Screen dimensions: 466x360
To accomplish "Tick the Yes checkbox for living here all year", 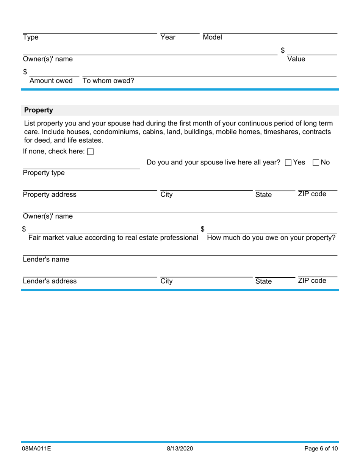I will tap(288, 163).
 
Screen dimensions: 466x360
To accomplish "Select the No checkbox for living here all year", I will tap(316, 163).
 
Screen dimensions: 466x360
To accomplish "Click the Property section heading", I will tap(38, 110).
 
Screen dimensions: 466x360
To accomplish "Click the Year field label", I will tap(168, 38).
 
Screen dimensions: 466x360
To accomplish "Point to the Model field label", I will tap(212, 38).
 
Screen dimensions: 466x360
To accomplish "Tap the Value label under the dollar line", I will tap(296, 59).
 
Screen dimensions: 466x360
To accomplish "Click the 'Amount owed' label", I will tap(51, 81).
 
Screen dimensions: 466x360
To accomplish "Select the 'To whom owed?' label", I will tap(108, 81).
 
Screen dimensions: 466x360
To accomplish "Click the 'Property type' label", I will tap(44, 173).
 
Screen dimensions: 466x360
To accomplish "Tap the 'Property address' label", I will tap(50, 195).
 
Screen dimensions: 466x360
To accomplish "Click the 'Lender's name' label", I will tap(46, 260).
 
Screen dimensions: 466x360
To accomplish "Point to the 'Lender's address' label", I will tap(50, 281).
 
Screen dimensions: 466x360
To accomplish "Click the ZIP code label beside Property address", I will tap(312, 194).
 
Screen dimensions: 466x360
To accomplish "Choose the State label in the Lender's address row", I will tap(263, 281).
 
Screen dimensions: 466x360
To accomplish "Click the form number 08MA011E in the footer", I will tap(36, 449).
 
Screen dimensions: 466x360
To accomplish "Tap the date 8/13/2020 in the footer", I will tap(180, 449).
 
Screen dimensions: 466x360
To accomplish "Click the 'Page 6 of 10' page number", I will tap(321, 449).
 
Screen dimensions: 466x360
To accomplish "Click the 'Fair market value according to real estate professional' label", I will tap(113, 238).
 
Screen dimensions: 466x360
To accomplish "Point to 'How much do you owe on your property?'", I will tap(271, 238).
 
